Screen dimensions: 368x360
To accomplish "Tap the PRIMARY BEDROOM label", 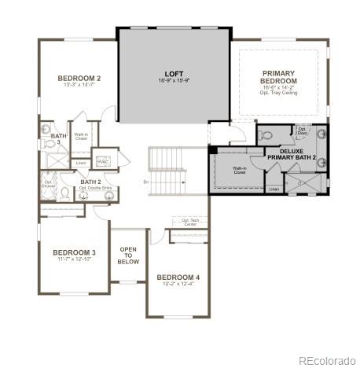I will pyautogui.click(x=279, y=77).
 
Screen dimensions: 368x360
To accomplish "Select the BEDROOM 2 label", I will pyautogui.click(x=79, y=79).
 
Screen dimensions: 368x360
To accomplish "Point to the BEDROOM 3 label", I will pyautogui.click(x=75, y=252).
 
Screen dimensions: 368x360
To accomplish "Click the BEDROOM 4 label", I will pyautogui.click(x=178, y=278).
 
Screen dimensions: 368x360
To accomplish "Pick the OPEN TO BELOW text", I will pyautogui.click(x=128, y=255).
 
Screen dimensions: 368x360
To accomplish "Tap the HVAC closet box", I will pyautogui.click(x=102, y=161).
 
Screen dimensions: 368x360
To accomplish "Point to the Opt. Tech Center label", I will pyautogui.click(x=190, y=223).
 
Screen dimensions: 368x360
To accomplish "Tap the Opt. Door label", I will pyautogui.click(x=301, y=130).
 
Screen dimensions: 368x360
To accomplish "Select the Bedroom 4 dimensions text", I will pyautogui.click(x=178, y=285).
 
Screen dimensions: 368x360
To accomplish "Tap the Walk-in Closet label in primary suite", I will pyautogui.click(x=240, y=170).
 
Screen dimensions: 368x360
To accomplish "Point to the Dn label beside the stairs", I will pyautogui.click(x=145, y=182).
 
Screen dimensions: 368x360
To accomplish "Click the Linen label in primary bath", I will pyautogui.click(x=273, y=189).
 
